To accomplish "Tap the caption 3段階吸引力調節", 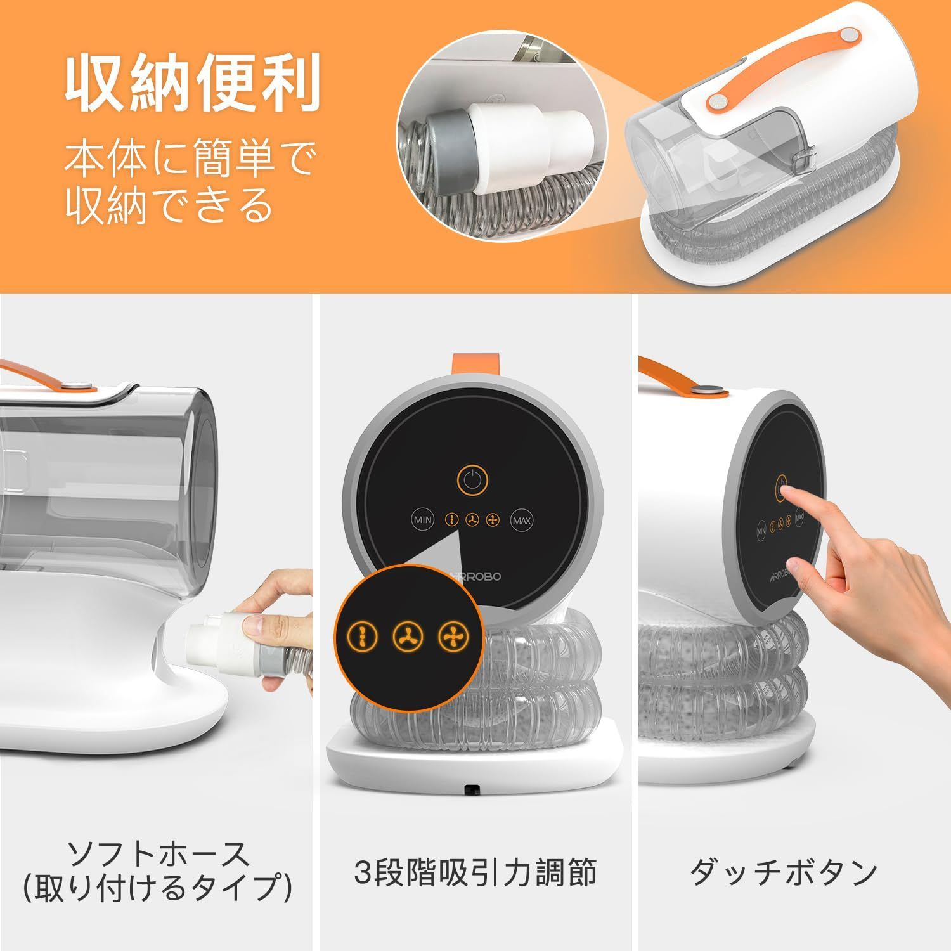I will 475,872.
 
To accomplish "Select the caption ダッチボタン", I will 784,872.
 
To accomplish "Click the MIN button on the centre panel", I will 423,520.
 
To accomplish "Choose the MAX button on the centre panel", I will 522,521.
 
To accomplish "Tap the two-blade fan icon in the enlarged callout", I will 363,636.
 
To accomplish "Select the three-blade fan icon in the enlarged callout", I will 408,636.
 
